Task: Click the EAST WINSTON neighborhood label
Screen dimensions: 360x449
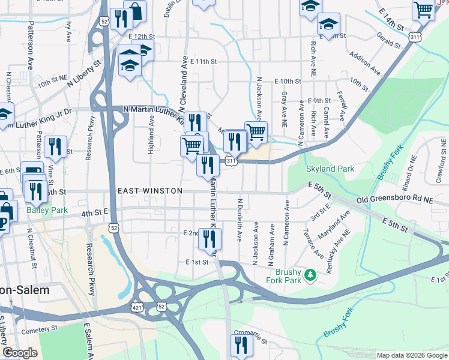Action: pyautogui.click(x=149, y=191)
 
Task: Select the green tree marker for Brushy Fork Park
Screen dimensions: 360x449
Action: pyautogui.click(x=310, y=275)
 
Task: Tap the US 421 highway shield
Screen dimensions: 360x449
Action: pyautogui.click(x=137, y=307)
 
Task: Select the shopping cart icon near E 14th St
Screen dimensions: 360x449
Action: pyautogui.click(x=423, y=9)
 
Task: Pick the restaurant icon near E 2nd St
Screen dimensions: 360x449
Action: pyautogui.click(x=209, y=239)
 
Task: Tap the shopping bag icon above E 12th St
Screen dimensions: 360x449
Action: pyautogui.click(x=135, y=11)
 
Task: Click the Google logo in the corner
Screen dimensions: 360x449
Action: pyautogui.click(x=19, y=353)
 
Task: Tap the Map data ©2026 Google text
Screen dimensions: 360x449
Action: pyautogui.click(x=411, y=355)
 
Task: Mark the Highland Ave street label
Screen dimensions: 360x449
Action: pyautogui.click(x=151, y=135)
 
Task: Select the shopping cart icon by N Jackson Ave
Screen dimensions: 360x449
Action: pyautogui.click(x=256, y=131)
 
